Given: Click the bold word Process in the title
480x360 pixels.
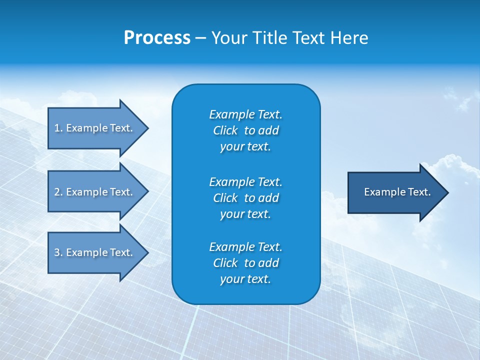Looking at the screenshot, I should pyautogui.click(x=157, y=38).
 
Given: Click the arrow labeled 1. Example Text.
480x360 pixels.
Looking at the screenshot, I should pyautogui.click(x=93, y=128).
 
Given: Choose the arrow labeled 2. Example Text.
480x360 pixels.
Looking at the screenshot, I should pyautogui.click(x=93, y=192).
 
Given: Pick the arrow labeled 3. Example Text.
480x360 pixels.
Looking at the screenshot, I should pyautogui.click(x=93, y=252).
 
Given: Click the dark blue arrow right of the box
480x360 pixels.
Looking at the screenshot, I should pyautogui.click(x=395, y=192).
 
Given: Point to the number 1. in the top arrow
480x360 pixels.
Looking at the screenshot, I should pyautogui.click(x=58, y=128).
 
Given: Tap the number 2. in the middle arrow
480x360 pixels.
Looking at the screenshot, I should pyautogui.click(x=58, y=192).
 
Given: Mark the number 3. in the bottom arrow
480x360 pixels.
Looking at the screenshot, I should pyautogui.click(x=58, y=252).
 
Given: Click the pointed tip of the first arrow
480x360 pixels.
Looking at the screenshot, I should pyautogui.click(x=145, y=128).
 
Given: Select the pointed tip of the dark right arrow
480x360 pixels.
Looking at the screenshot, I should pyautogui.click(x=445, y=192).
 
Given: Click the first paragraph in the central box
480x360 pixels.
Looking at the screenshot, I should pyautogui.click(x=245, y=130).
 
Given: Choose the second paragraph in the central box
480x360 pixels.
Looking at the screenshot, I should pyautogui.click(x=245, y=198).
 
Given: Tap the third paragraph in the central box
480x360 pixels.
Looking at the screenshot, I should pyautogui.click(x=245, y=263).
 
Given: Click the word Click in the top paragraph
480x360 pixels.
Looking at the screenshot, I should pyautogui.click(x=225, y=130).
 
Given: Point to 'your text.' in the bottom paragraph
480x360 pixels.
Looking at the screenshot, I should pyautogui.click(x=245, y=279).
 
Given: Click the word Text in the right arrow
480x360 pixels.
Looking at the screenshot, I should pyautogui.click(x=419, y=192).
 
